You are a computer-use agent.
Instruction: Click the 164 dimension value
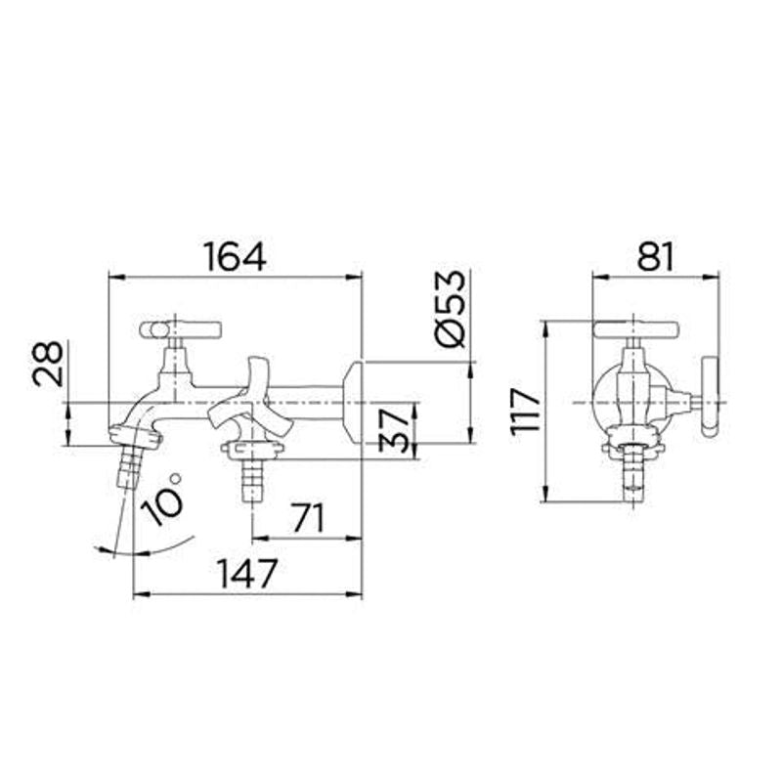[235, 256]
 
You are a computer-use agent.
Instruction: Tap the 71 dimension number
[307, 518]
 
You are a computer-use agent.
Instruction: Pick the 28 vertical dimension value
[49, 364]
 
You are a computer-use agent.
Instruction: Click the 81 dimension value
[656, 256]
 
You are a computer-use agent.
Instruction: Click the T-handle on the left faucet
[181, 329]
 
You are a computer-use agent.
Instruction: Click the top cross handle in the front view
[636, 330]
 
